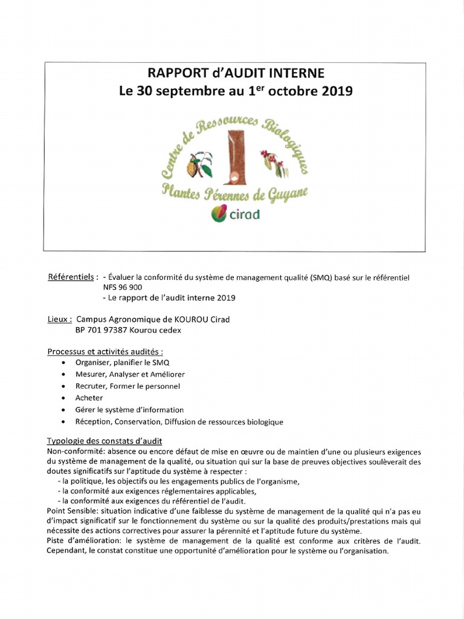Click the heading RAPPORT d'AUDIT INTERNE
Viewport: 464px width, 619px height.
(236, 73)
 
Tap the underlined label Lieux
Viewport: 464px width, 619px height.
(59, 319)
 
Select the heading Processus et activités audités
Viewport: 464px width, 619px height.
(105, 351)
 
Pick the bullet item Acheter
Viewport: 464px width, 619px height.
(89, 398)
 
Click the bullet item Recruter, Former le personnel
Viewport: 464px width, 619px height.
(127, 386)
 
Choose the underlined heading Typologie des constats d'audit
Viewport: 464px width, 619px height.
(104, 441)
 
